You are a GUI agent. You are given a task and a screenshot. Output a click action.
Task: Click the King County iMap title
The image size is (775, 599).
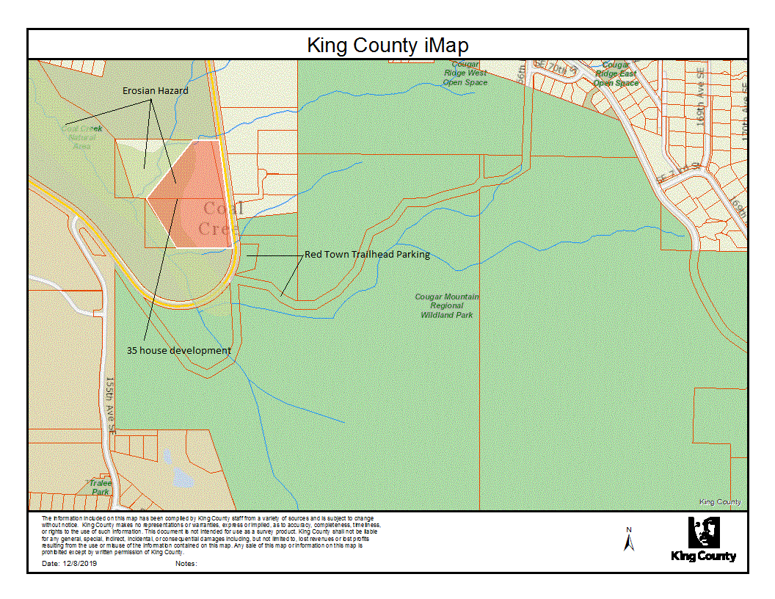point(387,46)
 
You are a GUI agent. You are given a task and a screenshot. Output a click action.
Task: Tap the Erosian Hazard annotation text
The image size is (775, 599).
point(155,90)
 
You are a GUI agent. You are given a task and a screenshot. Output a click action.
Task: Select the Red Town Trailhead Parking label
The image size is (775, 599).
point(367,255)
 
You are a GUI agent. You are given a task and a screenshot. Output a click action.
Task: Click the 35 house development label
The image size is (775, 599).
point(178,351)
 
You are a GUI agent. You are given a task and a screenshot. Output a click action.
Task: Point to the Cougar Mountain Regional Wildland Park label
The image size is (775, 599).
point(447,305)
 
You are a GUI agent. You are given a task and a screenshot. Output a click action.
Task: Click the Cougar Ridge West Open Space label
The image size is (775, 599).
point(465,73)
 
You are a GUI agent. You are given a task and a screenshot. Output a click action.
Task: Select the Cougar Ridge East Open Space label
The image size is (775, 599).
point(616,74)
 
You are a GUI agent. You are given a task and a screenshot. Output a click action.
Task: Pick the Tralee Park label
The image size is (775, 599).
point(100,487)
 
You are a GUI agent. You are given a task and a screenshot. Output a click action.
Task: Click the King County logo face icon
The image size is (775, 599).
point(703,532)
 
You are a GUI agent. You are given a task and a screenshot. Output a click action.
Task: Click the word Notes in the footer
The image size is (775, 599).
point(187,564)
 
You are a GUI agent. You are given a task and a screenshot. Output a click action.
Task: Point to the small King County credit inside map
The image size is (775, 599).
point(719,502)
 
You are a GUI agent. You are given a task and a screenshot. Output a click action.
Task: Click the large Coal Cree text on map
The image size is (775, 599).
point(220,218)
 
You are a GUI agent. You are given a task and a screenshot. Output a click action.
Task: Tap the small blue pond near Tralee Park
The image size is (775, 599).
point(181,481)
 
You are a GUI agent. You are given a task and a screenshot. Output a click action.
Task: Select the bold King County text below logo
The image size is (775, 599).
point(703,556)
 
